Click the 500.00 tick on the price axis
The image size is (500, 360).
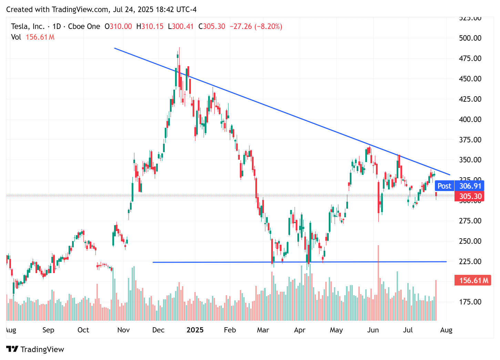click(x=470, y=38)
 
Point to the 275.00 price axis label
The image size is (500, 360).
click(x=470, y=221)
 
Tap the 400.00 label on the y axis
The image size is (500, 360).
click(x=470, y=119)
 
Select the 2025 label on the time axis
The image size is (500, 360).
click(x=195, y=330)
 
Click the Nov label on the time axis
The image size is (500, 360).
click(x=123, y=330)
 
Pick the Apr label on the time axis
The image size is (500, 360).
click(x=299, y=330)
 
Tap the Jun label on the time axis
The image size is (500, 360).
click(x=373, y=330)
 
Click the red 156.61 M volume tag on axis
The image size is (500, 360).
click(x=473, y=280)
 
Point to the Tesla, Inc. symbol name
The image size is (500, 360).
click(x=28, y=27)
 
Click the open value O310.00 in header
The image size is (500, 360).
click(x=118, y=27)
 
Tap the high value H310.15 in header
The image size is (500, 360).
click(x=150, y=27)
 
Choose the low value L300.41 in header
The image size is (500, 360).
click(x=181, y=27)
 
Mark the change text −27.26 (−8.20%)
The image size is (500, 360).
click(x=256, y=27)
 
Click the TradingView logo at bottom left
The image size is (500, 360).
click(x=35, y=349)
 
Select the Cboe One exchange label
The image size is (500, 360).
click(x=84, y=27)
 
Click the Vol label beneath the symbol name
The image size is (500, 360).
click(x=16, y=37)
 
